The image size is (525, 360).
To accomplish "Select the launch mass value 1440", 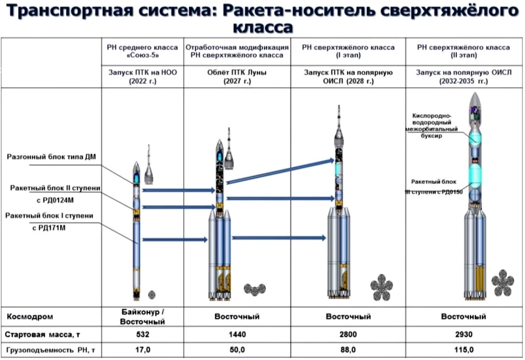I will pyautogui.click(x=237, y=334).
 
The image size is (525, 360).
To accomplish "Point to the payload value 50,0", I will pyautogui.click(x=237, y=350).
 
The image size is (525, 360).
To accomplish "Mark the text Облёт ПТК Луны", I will pyautogui.click(x=237, y=73).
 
